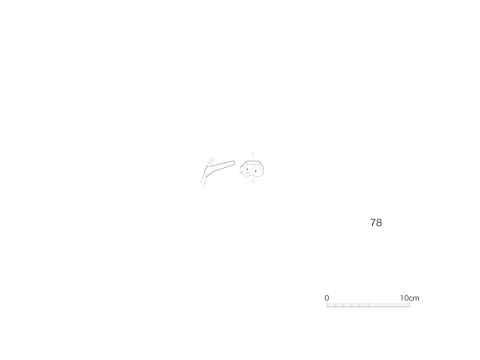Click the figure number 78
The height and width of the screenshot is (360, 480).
[376, 223]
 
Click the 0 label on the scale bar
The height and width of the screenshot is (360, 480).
[327, 298]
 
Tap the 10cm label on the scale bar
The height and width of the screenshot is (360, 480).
[410, 298]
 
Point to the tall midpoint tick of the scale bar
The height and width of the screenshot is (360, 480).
[368, 304]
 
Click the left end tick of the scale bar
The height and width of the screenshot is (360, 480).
[327, 305]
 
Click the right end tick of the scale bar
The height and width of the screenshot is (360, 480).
[410, 305]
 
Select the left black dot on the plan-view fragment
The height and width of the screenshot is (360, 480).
[247, 169]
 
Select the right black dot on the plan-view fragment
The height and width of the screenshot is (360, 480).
[255, 171]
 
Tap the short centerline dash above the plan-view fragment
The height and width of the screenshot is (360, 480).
[253, 155]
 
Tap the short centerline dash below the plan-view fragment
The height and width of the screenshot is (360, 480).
[253, 181]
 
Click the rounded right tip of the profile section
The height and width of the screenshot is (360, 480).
[234, 163]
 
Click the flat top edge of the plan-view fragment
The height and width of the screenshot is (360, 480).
[253, 161]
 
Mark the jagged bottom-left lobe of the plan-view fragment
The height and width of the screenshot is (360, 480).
[245, 174]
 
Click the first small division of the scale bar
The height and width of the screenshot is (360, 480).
[331, 305]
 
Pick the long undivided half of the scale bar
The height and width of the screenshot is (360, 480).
[389, 305]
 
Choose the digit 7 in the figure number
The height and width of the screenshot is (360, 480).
[373, 223]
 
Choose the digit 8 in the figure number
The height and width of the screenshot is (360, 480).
[379, 223]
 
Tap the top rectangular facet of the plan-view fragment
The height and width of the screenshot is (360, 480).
[253, 163]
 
